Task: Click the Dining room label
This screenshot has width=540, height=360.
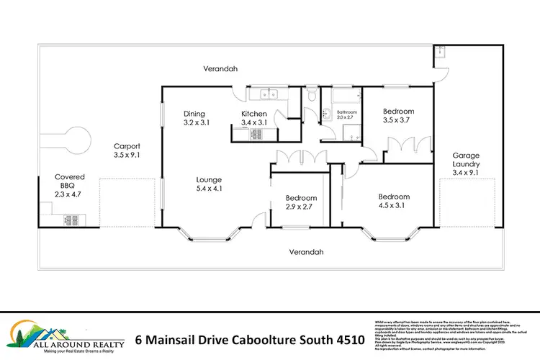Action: click(x=194, y=114)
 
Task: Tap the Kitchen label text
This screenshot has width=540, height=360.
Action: click(x=253, y=114)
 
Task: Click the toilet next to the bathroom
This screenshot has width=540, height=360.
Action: click(x=310, y=94)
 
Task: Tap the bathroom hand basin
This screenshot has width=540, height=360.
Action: click(x=325, y=112)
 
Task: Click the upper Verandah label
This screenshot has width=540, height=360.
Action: click(x=220, y=69)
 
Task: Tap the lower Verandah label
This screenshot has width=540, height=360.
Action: click(x=306, y=252)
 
